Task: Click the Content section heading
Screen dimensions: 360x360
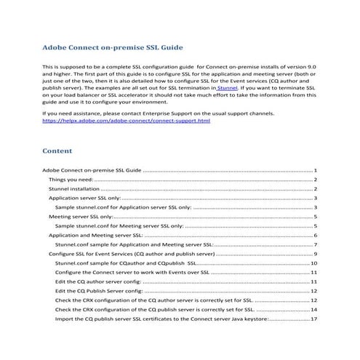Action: click(57, 151)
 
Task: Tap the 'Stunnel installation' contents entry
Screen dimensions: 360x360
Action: click(74, 188)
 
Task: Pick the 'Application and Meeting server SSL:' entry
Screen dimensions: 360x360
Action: click(95, 236)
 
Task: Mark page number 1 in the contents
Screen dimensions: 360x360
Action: click(315, 169)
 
